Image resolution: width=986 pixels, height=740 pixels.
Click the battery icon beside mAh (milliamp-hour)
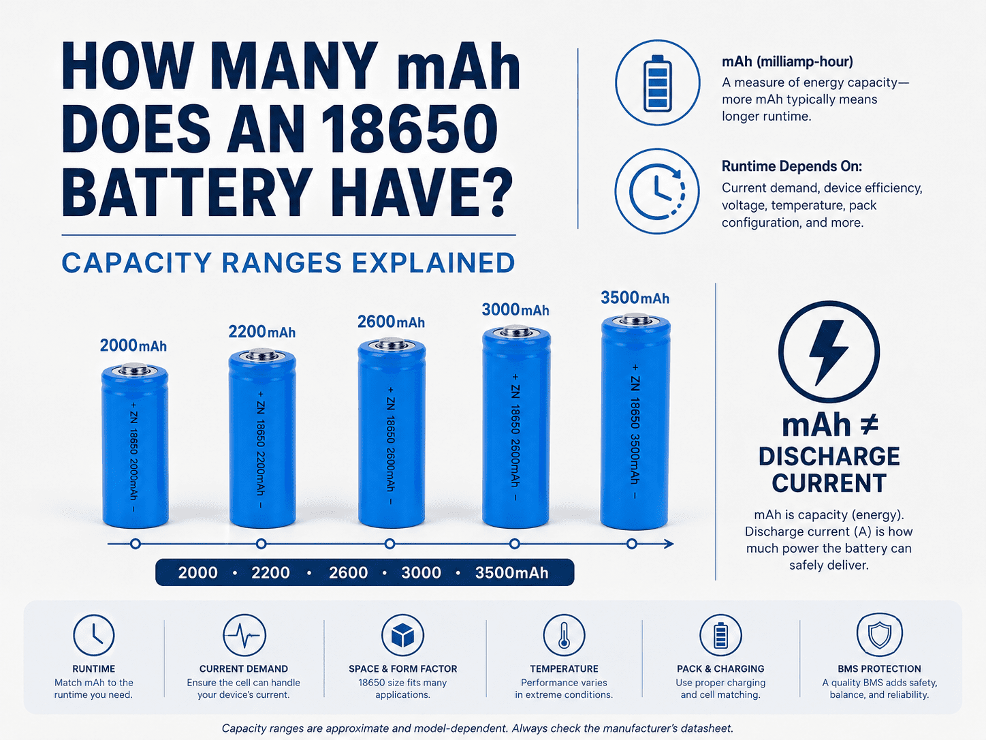[x=657, y=82]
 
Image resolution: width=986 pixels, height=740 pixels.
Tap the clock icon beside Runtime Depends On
[x=657, y=191]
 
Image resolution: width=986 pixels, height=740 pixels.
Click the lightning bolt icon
[x=829, y=352]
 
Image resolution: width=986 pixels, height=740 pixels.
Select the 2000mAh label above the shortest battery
[x=133, y=345]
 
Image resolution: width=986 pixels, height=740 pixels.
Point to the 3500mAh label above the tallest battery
[x=635, y=298]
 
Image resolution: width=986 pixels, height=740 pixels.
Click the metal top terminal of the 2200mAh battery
[x=262, y=355]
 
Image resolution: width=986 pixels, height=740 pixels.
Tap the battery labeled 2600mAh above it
[x=392, y=433]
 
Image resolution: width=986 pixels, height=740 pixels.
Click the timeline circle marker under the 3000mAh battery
[x=515, y=544]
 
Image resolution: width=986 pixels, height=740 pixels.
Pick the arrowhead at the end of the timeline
[x=669, y=544]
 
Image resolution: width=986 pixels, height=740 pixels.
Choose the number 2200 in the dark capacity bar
[x=270, y=572]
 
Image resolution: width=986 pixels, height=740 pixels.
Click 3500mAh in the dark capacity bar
[x=511, y=572]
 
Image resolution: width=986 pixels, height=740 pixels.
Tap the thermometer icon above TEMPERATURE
[x=564, y=635]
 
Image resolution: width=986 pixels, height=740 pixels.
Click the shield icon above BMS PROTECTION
[x=879, y=634]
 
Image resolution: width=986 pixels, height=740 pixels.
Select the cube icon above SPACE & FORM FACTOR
[x=402, y=635]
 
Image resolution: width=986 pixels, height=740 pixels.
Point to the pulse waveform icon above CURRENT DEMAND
[x=244, y=635]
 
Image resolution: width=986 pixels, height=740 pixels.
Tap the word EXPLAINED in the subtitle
[x=433, y=263]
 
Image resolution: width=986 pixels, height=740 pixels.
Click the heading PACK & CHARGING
[x=720, y=668]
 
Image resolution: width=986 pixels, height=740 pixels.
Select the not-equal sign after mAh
[x=869, y=425]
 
